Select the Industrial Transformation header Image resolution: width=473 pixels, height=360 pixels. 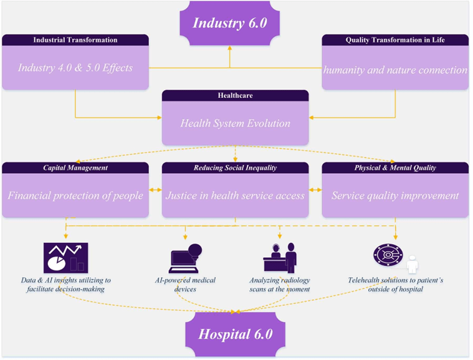tap(75, 40)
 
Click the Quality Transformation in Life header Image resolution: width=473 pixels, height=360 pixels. tap(395, 40)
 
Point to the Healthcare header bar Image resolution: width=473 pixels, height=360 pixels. tap(235, 95)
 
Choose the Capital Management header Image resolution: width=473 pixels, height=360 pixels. tap(75, 168)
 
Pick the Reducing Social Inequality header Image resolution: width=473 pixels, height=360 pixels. tap(235, 168)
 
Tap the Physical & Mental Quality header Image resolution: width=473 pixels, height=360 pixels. tap(395, 168)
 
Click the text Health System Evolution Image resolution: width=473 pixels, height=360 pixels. tap(235, 123)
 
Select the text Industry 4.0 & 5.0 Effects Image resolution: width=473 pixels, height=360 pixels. tap(75, 67)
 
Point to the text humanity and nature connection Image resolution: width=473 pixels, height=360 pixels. tap(395, 70)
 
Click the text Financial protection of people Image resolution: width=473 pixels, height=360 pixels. tap(75, 196)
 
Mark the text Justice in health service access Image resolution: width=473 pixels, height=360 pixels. tap(235, 196)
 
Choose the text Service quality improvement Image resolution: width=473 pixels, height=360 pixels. tap(395, 196)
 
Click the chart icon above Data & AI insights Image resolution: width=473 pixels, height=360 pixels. tap(65, 258)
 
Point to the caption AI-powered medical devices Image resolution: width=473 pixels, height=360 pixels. tap(185, 285)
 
